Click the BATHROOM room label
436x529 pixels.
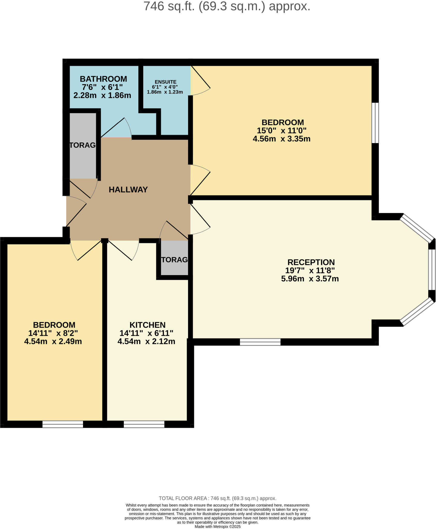(103, 79)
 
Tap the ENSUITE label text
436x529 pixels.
(166, 82)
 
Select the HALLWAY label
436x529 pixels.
(128, 190)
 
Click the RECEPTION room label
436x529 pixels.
(311, 262)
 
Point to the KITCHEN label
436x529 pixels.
(147, 325)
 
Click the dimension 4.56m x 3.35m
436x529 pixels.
(281, 139)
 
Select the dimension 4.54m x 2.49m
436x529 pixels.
(53, 341)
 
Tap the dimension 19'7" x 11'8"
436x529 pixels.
(310, 270)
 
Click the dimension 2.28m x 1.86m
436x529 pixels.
(102, 95)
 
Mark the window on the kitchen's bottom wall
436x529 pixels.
(144, 424)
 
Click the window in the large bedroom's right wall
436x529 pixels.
(375, 123)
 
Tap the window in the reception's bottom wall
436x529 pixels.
(260, 342)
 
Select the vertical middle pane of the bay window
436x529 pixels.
(432, 269)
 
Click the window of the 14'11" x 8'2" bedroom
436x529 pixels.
(63, 424)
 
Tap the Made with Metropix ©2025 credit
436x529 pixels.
(217, 526)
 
